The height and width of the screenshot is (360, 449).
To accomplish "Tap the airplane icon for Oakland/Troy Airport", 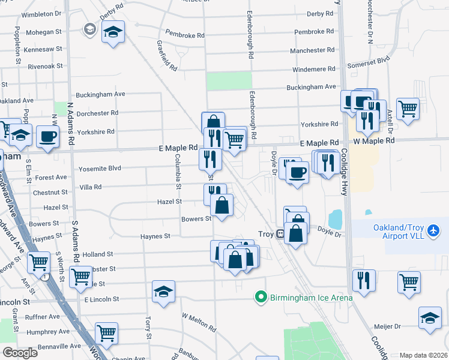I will point(435,230).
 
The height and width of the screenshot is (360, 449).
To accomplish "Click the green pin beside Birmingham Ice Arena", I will point(261,296).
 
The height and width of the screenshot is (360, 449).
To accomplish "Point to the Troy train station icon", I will point(280,234).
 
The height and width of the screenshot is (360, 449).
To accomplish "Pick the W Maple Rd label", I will point(373,140).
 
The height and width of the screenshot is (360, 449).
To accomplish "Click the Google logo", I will point(20,353).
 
